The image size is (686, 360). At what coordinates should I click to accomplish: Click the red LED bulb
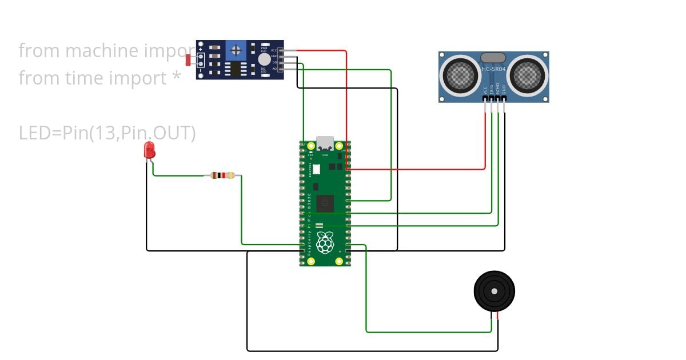pos(149,150)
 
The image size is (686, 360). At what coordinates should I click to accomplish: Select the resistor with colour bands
pos(222,175)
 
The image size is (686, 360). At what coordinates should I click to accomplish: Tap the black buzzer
pos(494,291)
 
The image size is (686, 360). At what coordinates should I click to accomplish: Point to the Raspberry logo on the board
pos(325,242)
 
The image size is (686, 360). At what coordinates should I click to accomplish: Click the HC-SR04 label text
pos(493,69)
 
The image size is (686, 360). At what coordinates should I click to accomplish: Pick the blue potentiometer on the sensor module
pos(236,50)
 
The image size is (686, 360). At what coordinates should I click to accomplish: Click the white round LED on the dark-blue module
pos(264,59)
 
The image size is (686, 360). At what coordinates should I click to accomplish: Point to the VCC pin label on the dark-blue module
pos(274,50)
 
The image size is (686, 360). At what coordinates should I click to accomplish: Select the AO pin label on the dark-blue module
pos(274,69)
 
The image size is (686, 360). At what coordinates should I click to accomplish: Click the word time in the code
pos(87,78)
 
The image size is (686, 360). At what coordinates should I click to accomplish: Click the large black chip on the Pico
pos(325,202)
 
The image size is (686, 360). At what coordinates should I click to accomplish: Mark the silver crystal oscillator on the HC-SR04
pos(493,57)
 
